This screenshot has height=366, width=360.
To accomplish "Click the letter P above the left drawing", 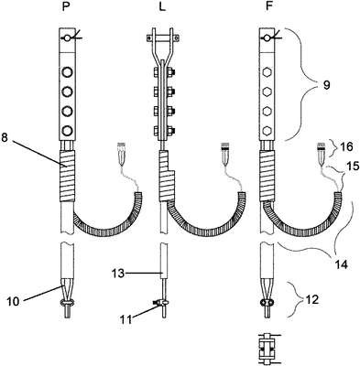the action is (66, 6).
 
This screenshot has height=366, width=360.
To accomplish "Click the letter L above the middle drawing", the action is (162, 6).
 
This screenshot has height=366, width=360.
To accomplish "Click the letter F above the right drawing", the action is (268, 6).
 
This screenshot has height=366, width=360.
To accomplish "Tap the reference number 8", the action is (5, 137).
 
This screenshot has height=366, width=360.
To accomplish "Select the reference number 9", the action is (326, 85).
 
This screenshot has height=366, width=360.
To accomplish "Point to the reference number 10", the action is (14, 301).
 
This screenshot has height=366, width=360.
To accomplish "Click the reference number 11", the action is (125, 319).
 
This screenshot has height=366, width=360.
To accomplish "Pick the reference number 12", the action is (312, 300).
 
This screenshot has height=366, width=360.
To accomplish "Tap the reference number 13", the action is (118, 273).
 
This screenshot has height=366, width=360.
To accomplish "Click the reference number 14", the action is (342, 264).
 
